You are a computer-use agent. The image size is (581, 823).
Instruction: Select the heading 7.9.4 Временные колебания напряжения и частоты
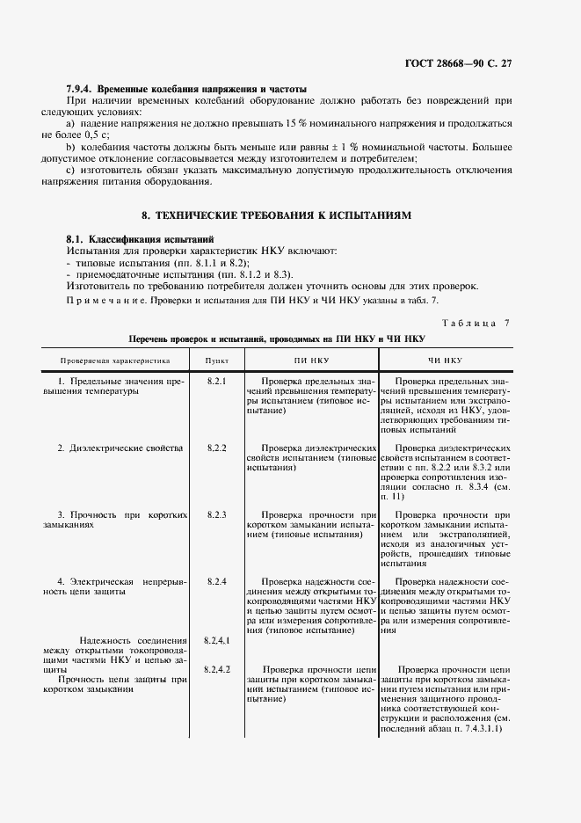click(186, 89)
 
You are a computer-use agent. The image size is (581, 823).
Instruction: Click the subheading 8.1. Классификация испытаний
click(140, 239)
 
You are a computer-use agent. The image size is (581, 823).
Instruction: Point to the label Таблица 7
click(475, 323)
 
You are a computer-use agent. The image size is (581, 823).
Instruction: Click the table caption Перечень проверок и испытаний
click(276, 338)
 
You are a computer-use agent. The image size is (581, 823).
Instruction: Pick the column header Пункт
click(217, 361)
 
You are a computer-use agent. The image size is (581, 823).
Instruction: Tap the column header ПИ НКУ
click(304, 361)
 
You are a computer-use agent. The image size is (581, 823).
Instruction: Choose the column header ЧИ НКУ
click(445, 361)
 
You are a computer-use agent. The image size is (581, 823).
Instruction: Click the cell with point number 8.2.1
click(217, 381)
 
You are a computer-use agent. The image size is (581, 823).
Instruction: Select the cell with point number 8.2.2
click(217, 448)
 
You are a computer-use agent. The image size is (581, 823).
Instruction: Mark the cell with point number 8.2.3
click(217, 514)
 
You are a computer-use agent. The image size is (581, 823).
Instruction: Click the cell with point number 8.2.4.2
click(217, 669)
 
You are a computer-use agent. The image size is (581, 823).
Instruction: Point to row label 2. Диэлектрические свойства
click(120, 448)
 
